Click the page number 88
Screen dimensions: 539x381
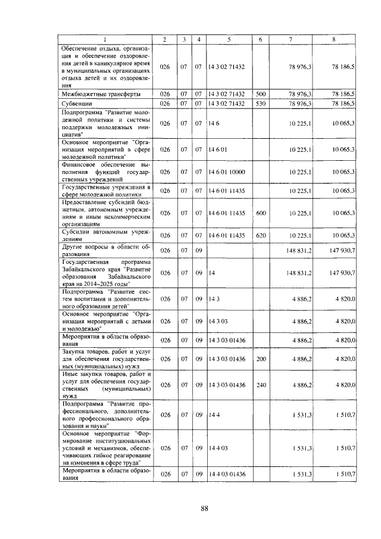(204, 508)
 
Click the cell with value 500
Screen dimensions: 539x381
(260, 94)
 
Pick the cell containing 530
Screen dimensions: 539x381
(260, 104)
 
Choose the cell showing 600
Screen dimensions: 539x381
(260, 213)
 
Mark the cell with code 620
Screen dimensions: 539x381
(260, 235)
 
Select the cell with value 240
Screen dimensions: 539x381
(260, 385)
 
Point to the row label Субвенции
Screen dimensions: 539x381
(77, 104)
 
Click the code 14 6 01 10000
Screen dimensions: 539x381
(228, 172)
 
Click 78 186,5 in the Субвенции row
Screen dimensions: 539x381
(343, 104)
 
